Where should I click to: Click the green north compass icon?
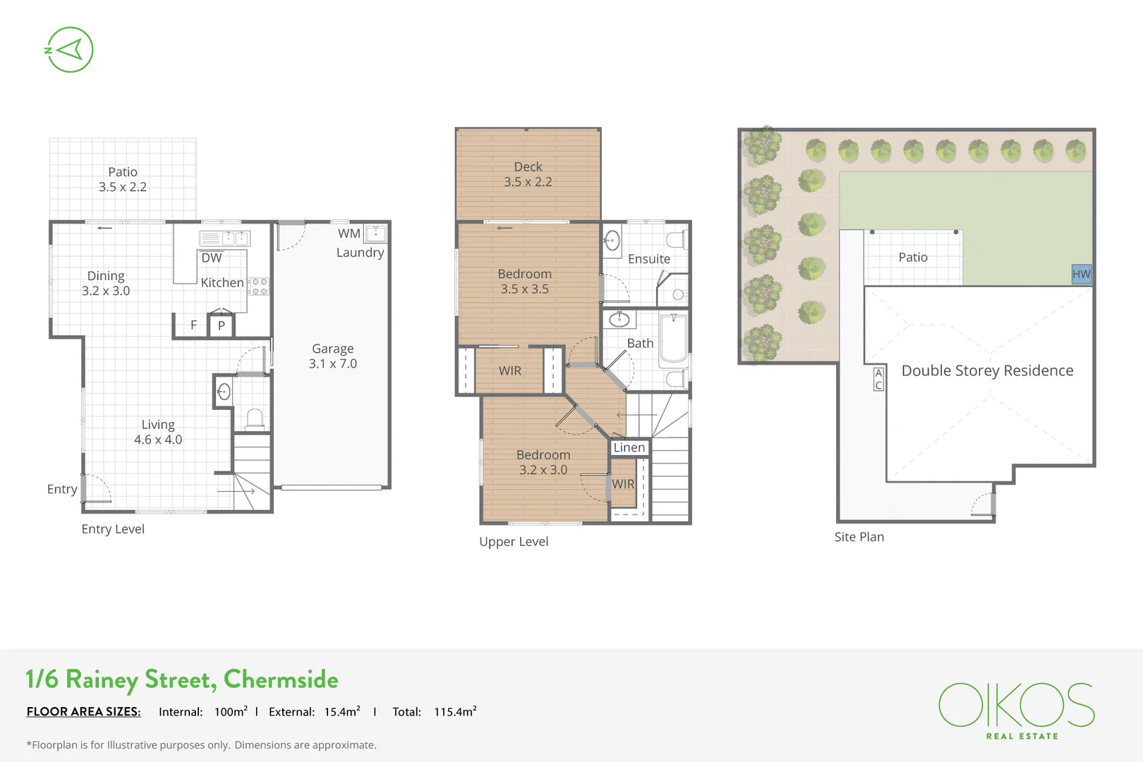[69, 49]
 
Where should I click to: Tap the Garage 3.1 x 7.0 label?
[332, 356]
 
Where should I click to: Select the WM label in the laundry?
[349, 234]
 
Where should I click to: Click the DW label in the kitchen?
[211, 258]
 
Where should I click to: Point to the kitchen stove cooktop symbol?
[259, 286]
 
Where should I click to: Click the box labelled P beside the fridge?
[221, 325]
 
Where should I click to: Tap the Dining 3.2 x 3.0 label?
[106, 283]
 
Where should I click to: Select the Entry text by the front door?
[62, 489]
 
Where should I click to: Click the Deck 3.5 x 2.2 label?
[528, 174]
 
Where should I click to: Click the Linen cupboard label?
[629, 447]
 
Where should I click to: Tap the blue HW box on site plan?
[1081, 274]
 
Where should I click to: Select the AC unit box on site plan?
[878, 379]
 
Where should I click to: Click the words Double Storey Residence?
[987, 370]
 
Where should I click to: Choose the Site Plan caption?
[859, 537]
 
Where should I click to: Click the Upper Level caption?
[514, 542]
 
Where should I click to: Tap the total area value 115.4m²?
[455, 712]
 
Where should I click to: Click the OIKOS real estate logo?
[1016, 709]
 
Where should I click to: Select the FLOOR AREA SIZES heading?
[83, 712]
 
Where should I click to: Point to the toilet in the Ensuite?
[676, 241]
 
